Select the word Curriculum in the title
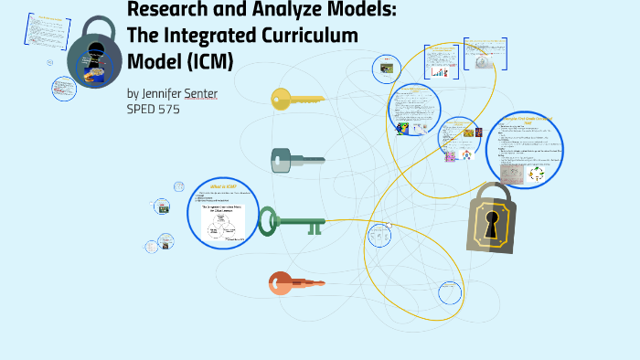[x=307, y=35]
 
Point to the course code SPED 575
[x=154, y=109]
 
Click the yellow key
[x=298, y=98]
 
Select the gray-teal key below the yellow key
[x=297, y=161]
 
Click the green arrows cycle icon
[x=537, y=173]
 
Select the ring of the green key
[x=268, y=221]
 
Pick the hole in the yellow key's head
[x=279, y=98]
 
